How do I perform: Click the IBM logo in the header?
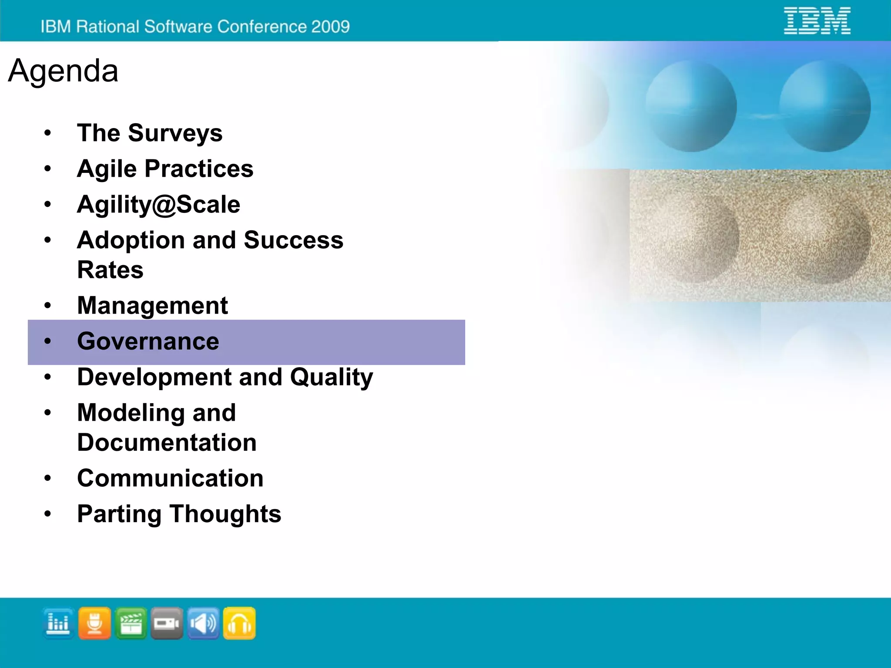(817, 20)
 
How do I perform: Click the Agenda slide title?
(63, 71)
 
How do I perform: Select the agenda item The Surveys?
(150, 133)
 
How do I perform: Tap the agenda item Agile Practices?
(165, 169)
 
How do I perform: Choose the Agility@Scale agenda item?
(158, 204)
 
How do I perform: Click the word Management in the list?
(152, 305)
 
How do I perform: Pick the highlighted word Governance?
(148, 341)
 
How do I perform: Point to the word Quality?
(332, 378)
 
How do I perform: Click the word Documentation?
(167, 442)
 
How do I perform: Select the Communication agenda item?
(170, 478)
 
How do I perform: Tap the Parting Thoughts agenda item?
(179, 514)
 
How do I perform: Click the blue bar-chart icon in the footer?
(58, 623)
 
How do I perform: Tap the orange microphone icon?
(94, 623)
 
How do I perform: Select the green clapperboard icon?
(131, 623)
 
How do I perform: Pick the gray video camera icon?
(167, 623)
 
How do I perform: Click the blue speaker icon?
(203, 623)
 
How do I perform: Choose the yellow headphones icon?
(239, 623)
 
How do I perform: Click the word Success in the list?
(293, 240)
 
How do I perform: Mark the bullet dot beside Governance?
(47, 341)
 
